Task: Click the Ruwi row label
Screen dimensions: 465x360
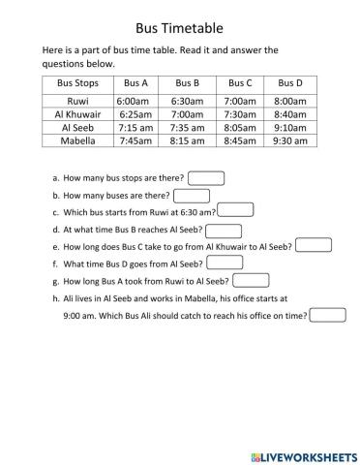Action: tap(77, 100)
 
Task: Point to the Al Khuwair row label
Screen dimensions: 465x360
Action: tap(77, 113)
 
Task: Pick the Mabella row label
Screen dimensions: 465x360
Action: tap(77, 140)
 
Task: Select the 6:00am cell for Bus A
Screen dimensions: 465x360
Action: tap(132, 100)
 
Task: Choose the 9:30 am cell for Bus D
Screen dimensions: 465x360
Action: tap(290, 140)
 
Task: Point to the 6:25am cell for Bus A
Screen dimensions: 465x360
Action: tap(132, 113)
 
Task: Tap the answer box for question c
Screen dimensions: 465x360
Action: tap(236, 210)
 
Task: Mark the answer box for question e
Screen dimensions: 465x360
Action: tap(313, 245)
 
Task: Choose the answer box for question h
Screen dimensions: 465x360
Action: tap(328, 315)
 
